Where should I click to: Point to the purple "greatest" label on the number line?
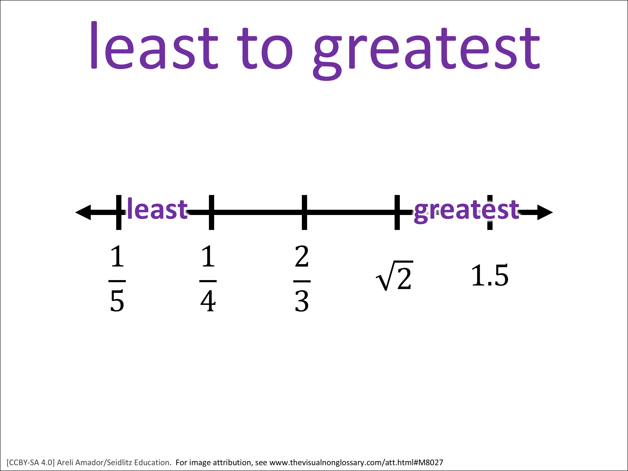[x=466, y=211]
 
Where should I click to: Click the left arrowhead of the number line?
[x=83, y=212]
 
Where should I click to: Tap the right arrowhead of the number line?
[x=545, y=212]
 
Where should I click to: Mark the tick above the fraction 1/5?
[x=119, y=212]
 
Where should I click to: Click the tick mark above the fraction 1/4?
[x=211, y=212]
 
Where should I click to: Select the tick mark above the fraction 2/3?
[x=304, y=212]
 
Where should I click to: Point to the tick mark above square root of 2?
[x=397, y=212]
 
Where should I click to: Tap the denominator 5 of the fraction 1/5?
[x=117, y=301]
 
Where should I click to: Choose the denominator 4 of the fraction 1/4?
[x=208, y=301]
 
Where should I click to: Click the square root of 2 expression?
[x=394, y=276]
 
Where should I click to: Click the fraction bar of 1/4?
[x=208, y=281]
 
